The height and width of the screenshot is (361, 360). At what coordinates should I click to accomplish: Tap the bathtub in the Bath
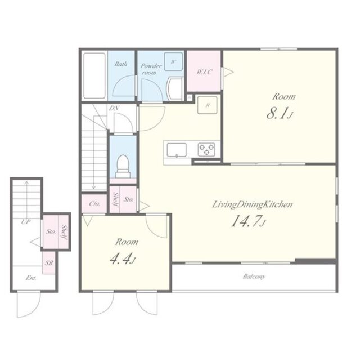point(94,75)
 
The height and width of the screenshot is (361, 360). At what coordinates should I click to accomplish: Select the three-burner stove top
point(206,149)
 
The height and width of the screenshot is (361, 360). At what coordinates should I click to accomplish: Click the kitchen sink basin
point(177,150)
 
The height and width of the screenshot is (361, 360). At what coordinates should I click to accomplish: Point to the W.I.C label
point(204,72)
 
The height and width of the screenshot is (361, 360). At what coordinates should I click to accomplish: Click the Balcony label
point(254,277)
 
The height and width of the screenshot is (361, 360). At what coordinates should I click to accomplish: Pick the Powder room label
point(151,69)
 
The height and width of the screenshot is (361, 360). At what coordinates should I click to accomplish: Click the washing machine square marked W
point(173,61)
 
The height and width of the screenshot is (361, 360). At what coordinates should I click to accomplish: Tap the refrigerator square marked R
point(208,105)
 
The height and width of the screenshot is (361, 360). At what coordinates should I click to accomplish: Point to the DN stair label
point(114,108)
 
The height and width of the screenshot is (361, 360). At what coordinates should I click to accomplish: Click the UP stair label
point(26,222)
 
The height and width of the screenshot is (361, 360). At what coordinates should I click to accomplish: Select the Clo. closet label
point(94,204)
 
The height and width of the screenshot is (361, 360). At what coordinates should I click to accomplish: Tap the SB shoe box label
point(49,262)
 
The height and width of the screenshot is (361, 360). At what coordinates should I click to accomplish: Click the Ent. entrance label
point(31,278)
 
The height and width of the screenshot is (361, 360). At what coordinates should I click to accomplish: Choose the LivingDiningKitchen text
point(252,204)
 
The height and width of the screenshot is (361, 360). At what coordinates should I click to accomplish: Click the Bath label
point(121,64)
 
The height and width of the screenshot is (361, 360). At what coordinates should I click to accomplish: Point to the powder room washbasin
point(175,88)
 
